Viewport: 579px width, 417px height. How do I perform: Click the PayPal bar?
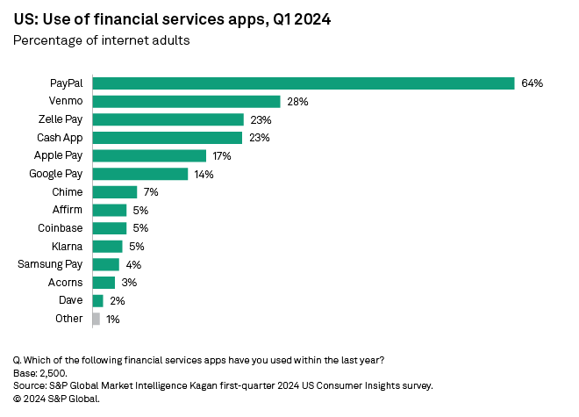click(303, 83)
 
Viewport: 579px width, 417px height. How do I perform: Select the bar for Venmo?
click(186, 102)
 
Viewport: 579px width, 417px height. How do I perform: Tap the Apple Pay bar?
click(149, 155)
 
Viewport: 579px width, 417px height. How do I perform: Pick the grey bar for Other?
click(96, 319)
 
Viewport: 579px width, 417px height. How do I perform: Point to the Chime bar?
click(114, 192)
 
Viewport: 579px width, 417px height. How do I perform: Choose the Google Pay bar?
click(139, 174)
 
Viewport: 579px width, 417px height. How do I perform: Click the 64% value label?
click(532, 83)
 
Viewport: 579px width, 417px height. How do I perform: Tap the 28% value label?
click(297, 102)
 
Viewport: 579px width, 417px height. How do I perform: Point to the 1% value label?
click(112, 319)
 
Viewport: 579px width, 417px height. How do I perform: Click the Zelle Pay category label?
click(61, 119)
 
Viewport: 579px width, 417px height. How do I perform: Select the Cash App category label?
click(61, 138)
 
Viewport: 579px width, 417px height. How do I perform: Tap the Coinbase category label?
click(61, 228)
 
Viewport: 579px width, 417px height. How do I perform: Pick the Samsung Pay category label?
click(51, 264)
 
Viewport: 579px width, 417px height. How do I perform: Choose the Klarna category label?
click(68, 247)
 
